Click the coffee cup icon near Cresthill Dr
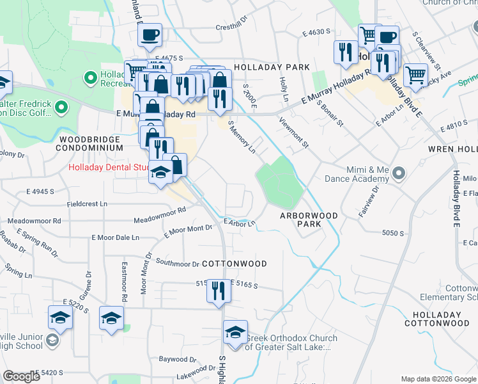tap(150, 36)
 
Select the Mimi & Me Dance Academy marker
tap(399, 173)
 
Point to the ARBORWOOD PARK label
tap(309, 220)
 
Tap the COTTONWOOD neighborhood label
tap(234, 264)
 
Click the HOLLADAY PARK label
tap(272, 67)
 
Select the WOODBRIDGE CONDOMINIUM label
tap(89, 143)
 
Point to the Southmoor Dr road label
tap(178, 263)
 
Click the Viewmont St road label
tap(293, 132)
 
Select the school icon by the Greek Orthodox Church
tap(235, 333)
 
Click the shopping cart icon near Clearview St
tap(415, 76)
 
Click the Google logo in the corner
tap(21, 376)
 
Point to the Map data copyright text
tap(438, 379)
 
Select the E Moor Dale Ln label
tap(118, 237)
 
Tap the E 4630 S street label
tap(316, 31)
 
